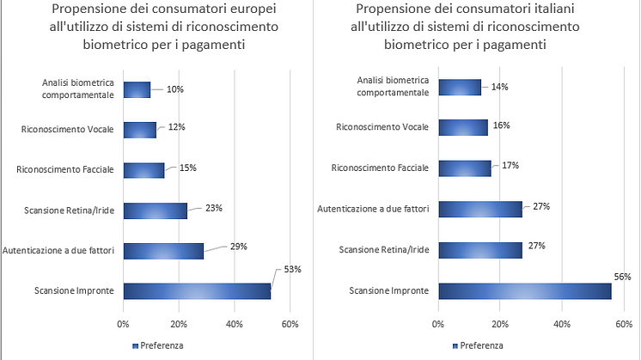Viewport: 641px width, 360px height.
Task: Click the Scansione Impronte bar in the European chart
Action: point(197,290)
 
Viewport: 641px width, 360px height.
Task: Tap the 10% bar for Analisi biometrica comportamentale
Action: point(137,89)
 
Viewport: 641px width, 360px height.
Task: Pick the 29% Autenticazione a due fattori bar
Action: point(163,250)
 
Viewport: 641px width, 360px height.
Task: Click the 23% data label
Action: point(215,207)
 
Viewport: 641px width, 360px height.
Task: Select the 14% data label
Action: point(500,86)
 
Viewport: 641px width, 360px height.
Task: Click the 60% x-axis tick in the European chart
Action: point(290,324)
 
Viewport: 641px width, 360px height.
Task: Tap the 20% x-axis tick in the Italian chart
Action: point(500,324)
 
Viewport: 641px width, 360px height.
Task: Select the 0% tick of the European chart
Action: point(123,324)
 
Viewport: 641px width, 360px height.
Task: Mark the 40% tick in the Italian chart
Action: point(562,324)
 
